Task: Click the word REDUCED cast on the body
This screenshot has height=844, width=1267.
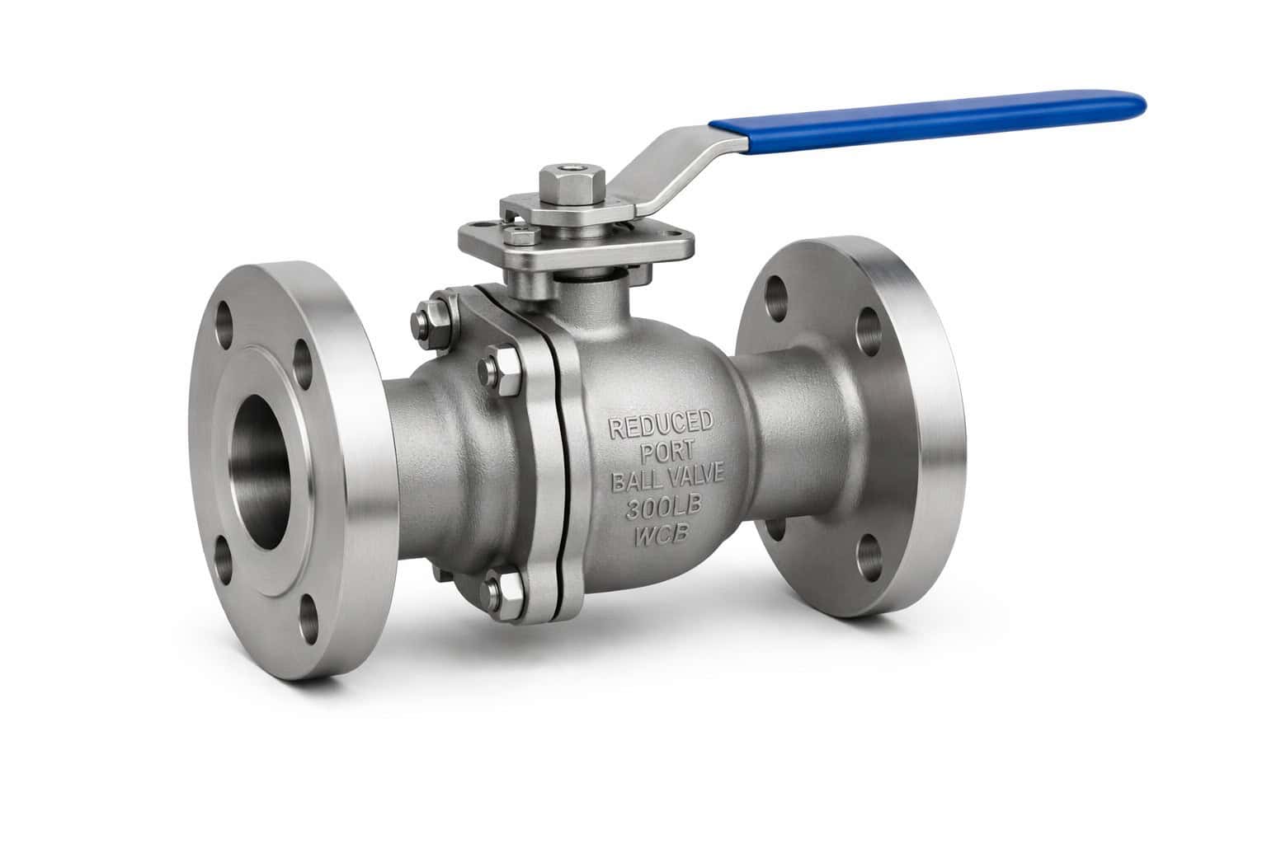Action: pyautogui.click(x=660, y=426)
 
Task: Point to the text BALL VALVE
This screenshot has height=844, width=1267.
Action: pyautogui.click(x=666, y=479)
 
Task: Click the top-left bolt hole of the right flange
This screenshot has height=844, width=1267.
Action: pyautogui.click(x=777, y=293)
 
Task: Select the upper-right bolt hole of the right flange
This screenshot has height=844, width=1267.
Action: pyautogui.click(x=867, y=328)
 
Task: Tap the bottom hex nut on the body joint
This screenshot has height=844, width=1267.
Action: pyautogui.click(x=502, y=587)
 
